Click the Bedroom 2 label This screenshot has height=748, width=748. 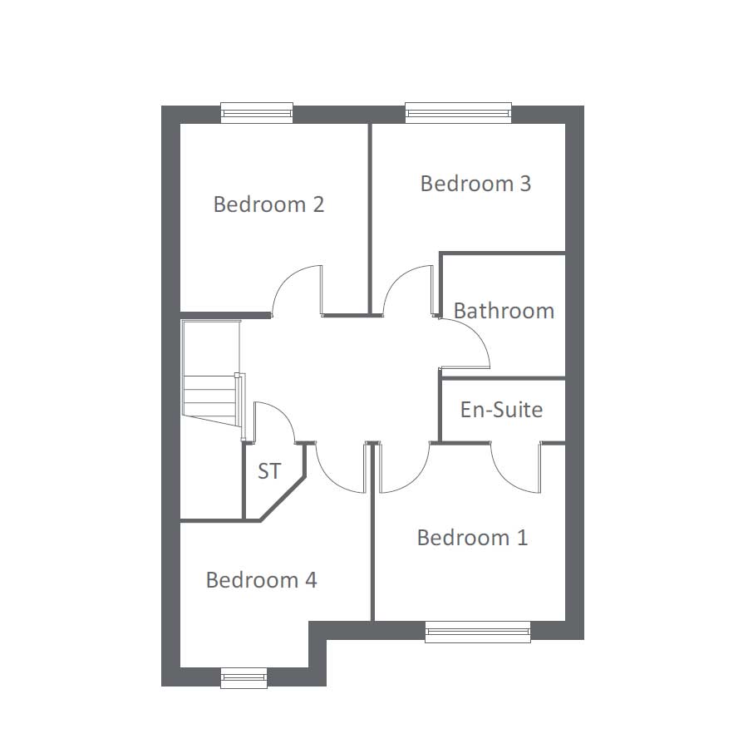268,204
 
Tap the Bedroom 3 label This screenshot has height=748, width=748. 475,184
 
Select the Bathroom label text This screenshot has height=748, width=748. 504,311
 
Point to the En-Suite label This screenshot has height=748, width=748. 501,410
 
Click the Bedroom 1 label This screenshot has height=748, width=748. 472,538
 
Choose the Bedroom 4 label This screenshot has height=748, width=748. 261,580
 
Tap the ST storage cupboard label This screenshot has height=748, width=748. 268,472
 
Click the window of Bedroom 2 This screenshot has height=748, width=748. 257,112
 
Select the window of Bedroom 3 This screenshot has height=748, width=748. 458,112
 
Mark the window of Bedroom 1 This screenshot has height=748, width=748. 477,632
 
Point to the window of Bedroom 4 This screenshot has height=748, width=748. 244,678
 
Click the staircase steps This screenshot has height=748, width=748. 209,391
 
